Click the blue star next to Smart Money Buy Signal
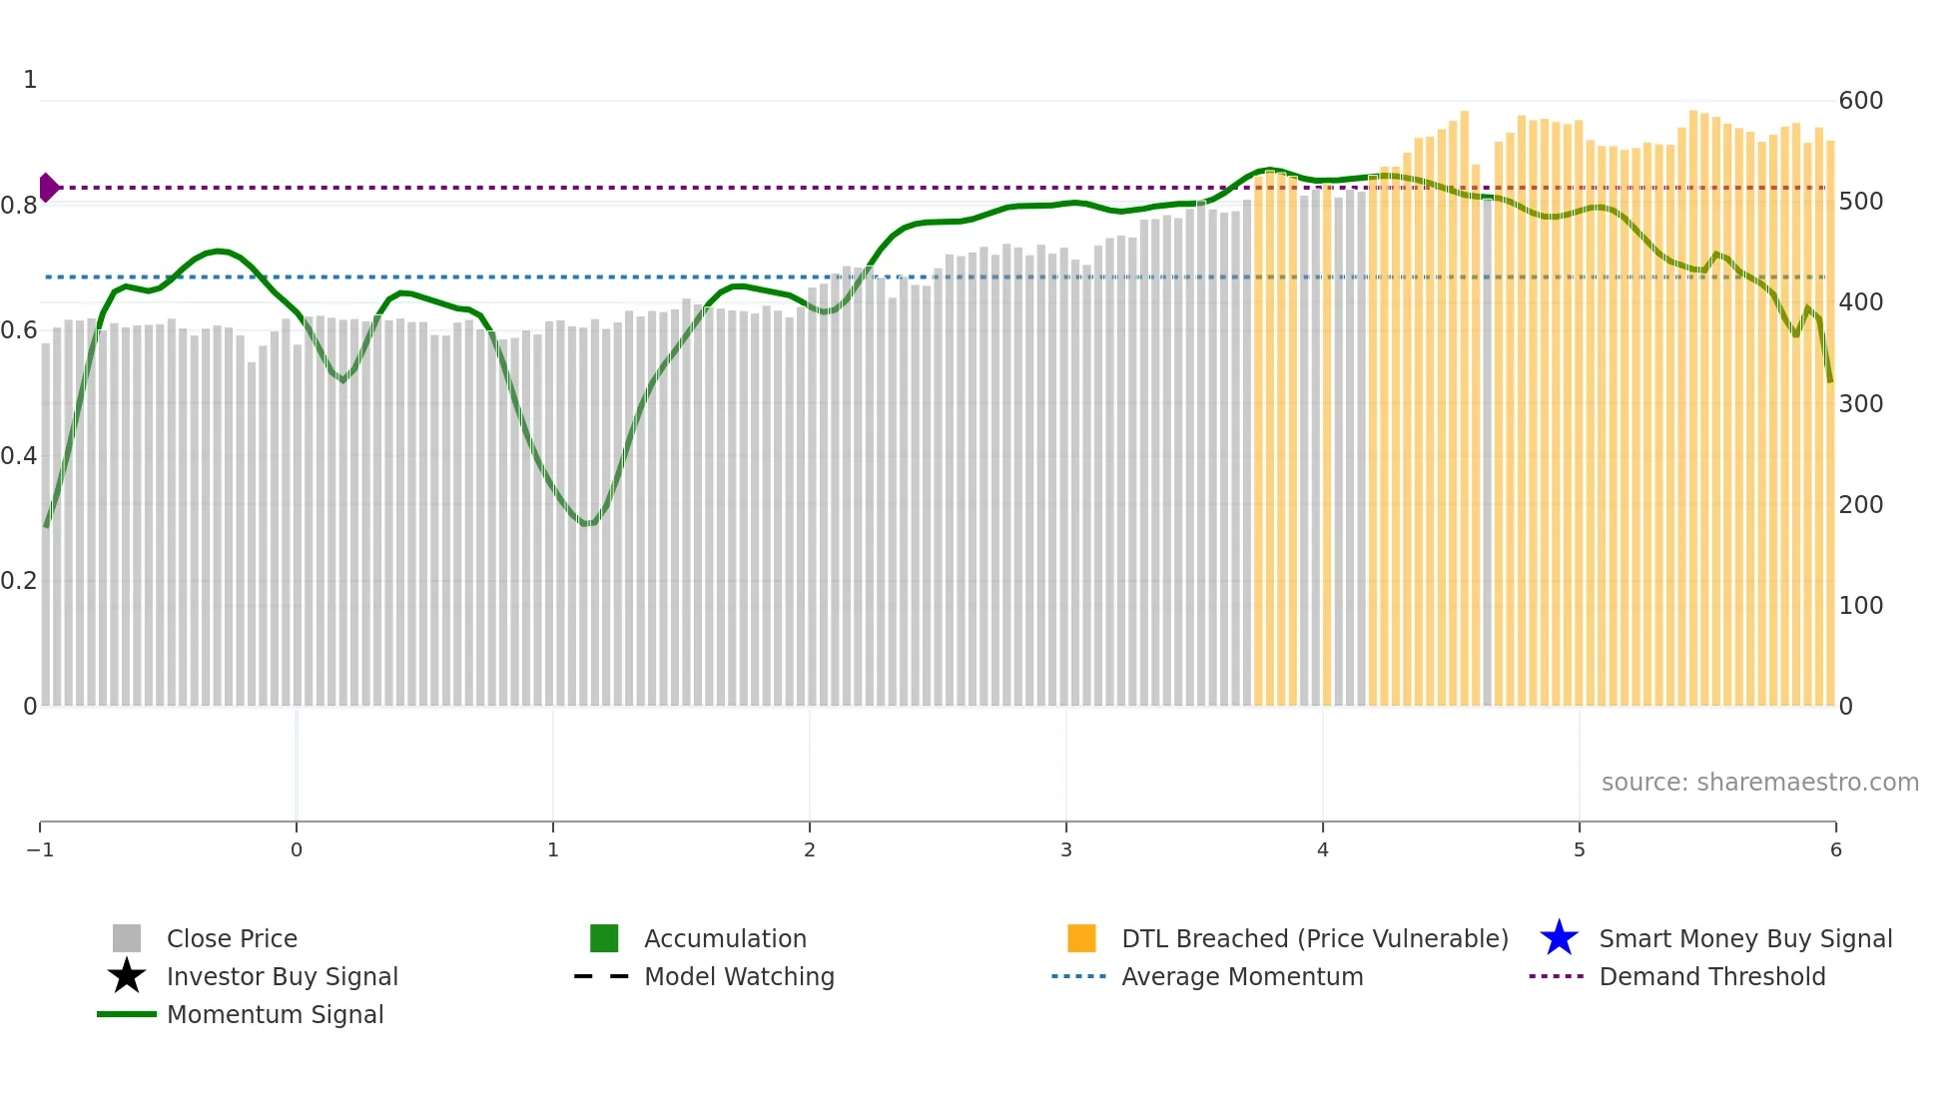[1559, 938]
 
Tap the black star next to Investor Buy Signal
[127, 976]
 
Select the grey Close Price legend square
[127, 938]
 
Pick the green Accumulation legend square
[604, 938]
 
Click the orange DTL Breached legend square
[1081, 938]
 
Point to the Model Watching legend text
[739, 976]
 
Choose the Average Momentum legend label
[1242, 976]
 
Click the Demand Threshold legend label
[1711, 976]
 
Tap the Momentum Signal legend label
[275, 1014]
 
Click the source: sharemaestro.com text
[1759, 782]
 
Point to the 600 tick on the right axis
[1860, 101]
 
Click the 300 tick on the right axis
[1860, 403]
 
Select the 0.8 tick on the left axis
[19, 206]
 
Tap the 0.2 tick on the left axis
[19, 581]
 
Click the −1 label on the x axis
[40, 849]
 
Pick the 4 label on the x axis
[1322, 849]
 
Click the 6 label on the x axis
[1835, 849]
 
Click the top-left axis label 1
[30, 80]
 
